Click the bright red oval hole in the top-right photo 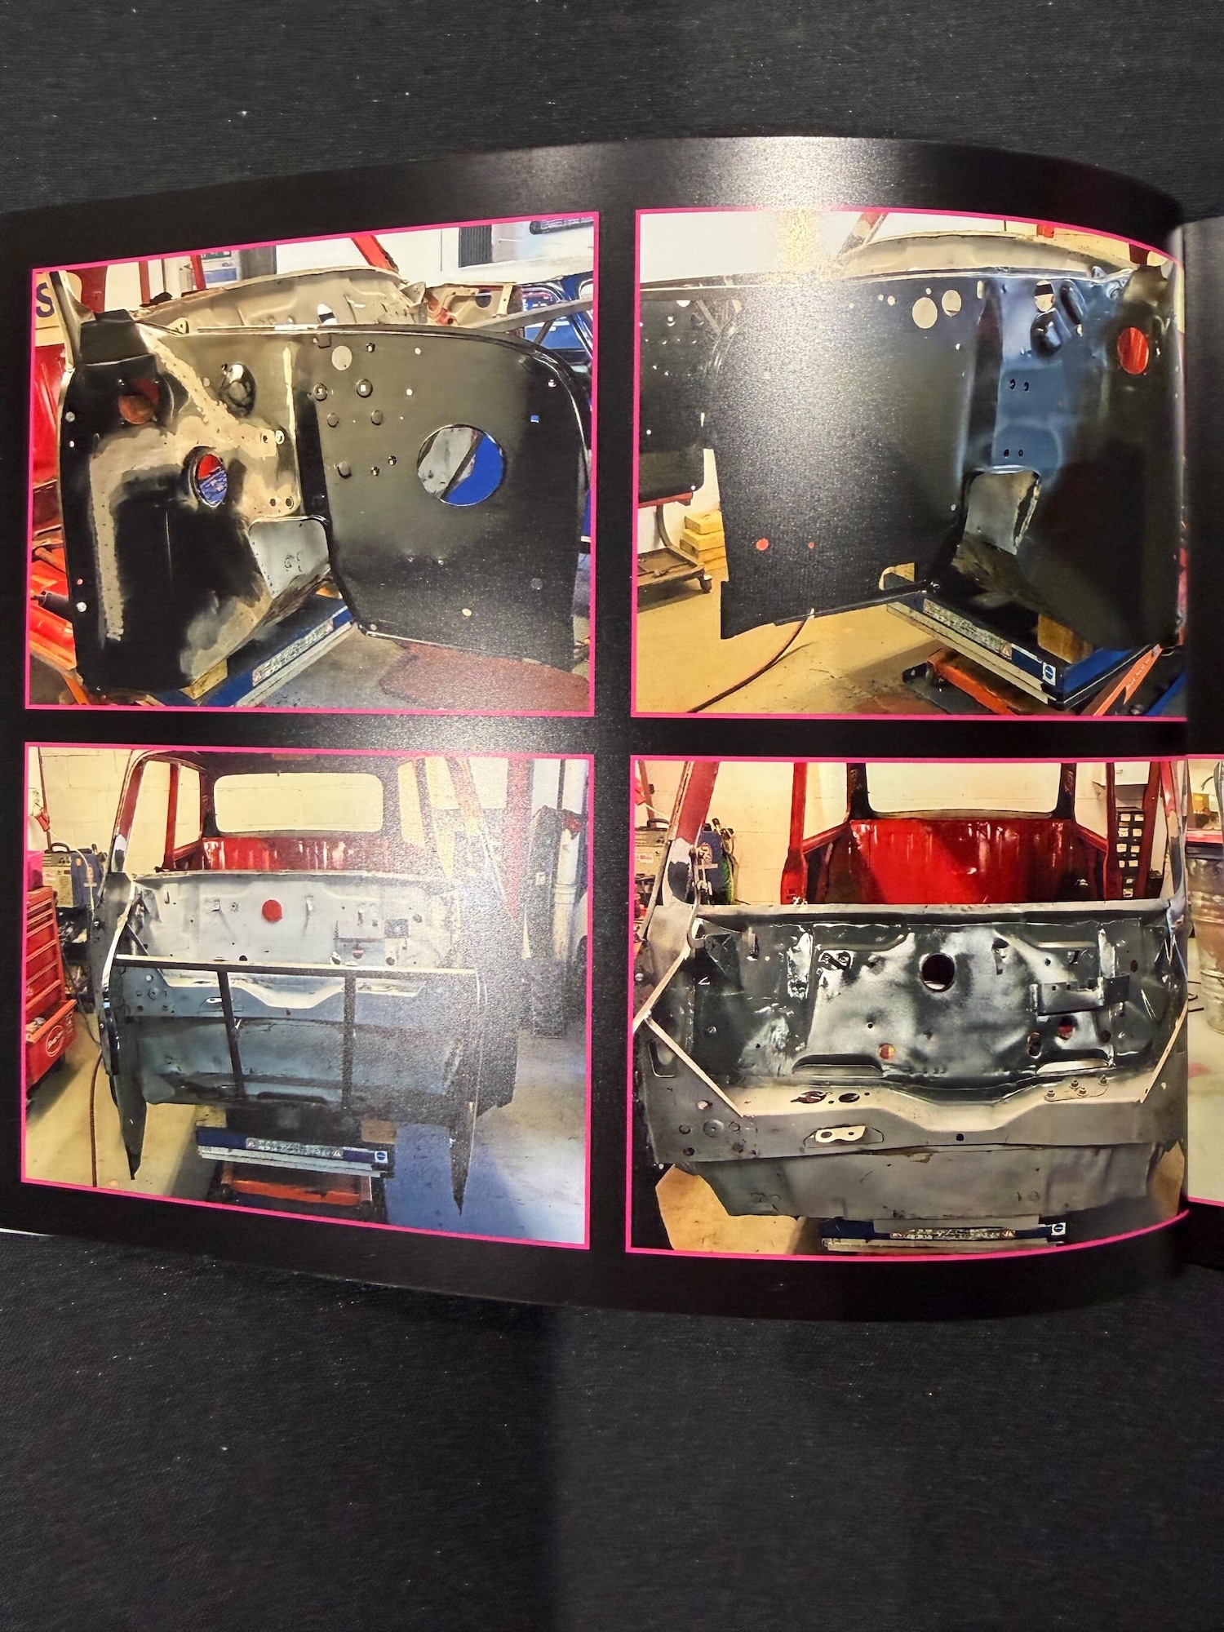(1133, 344)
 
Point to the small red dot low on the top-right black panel (761, 542)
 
